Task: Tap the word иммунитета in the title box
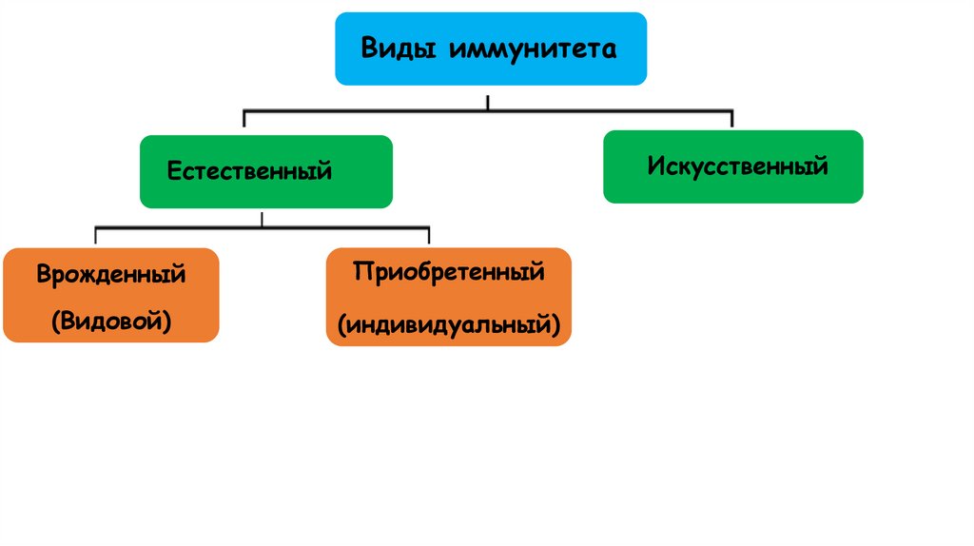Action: [x=527, y=49]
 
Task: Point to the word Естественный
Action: [x=249, y=172]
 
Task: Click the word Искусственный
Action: [x=738, y=166]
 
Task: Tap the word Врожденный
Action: [x=111, y=276]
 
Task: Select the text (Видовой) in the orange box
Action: [x=111, y=322]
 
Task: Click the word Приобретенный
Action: [x=449, y=272]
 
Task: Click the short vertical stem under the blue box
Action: [x=488, y=102]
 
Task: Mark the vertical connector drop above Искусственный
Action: [x=731, y=119]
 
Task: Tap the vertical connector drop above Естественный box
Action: [x=244, y=119]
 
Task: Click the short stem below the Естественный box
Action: [x=263, y=218]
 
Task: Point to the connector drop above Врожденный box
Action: [x=96, y=236]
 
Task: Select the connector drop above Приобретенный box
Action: [x=429, y=236]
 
